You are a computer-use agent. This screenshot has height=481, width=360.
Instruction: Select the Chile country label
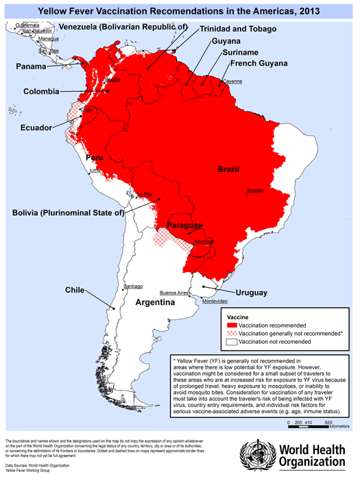pos(74,290)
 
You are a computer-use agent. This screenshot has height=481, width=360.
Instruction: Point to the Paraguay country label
pos(184,225)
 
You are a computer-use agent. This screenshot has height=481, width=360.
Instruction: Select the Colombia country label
pos(41,90)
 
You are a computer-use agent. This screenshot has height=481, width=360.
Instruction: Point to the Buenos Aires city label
pos(173,293)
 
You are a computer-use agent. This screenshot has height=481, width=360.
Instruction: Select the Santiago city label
pos(132,286)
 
